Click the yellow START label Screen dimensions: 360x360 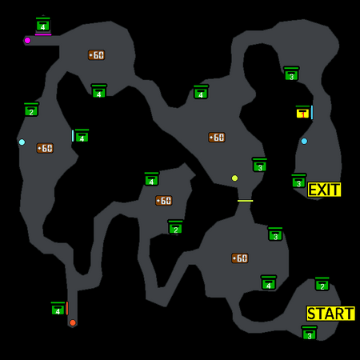point(330,314)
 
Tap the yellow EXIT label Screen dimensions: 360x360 point(324,190)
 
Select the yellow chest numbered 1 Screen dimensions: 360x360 point(302,112)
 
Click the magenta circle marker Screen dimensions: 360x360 point(27,41)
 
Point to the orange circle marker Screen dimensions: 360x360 point(73,323)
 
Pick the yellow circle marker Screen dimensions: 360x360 point(234,178)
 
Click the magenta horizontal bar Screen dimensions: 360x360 point(43,34)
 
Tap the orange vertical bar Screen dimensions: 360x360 point(67,308)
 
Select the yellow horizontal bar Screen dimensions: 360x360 point(246,201)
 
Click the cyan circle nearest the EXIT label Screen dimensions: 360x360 point(304,142)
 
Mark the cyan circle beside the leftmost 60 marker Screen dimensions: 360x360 point(22,142)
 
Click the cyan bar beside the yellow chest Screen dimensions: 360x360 point(312,112)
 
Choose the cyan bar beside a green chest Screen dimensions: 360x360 point(73,136)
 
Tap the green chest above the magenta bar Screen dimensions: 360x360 point(43,25)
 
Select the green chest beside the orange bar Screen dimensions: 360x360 point(58,309)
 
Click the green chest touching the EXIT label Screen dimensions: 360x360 point(299,181)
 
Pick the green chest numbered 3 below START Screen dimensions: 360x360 point(310,333)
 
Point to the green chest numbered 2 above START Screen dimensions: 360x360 point(322,284)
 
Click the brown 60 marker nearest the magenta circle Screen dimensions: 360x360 point(96,55)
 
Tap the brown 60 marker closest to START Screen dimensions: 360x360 point(240,258)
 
